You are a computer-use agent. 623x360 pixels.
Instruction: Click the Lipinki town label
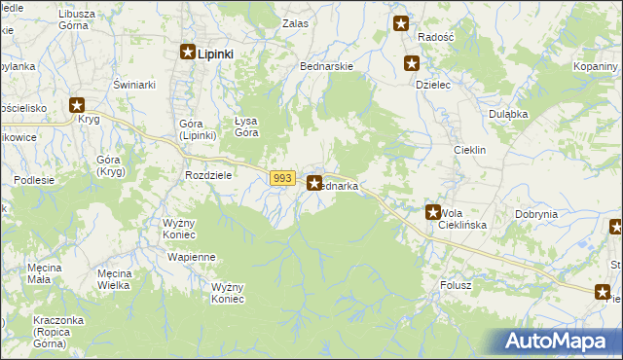[x=215, y=54]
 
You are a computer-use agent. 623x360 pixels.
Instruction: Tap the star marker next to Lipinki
[x=188, y=54]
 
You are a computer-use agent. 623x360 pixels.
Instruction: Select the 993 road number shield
[x=282, y=178]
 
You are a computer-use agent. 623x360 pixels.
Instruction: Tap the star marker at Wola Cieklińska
[x=433, y=211]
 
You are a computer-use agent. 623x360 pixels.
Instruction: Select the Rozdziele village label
[x=207, y=175]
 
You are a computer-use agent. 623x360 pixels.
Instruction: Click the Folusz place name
[x=456, y=285]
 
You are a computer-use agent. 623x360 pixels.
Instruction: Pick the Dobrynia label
[x=536, y=214]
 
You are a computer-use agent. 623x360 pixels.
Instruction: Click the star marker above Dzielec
[x=412, y=64]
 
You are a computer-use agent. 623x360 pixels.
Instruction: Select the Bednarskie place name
[x=326, y=66]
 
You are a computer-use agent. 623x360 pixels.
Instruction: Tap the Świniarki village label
[x=134, y=85]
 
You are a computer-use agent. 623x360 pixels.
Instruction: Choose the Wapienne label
[x=191, y=257]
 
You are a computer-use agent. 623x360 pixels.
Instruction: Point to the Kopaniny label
[x=598, y=65]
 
